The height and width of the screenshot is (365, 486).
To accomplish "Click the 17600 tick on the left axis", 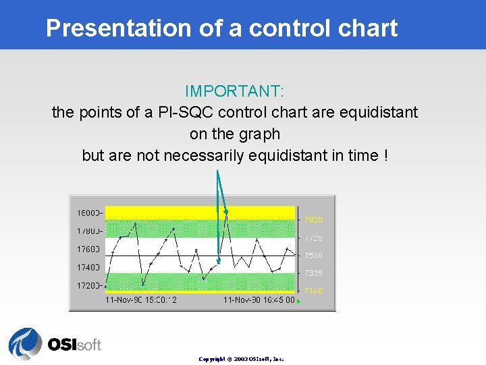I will (88, 249).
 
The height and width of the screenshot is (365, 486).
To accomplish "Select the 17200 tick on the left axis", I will (88, 286).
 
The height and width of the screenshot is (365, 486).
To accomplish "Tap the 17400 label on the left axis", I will (88, 268).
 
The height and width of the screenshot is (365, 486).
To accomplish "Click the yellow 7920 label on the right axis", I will (313, 220).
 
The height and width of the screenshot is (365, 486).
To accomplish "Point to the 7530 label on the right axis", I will (313, 255).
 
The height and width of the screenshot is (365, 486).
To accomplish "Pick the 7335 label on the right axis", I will (313, 273).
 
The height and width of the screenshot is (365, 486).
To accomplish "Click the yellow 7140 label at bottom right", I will (313, 291).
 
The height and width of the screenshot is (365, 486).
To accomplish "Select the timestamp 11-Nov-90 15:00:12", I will (141, 300).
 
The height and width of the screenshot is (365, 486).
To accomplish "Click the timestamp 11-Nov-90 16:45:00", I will (259, 300).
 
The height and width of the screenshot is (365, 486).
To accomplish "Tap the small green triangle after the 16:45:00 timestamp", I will (299, 301).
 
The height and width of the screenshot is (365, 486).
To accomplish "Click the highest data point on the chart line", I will (226, 212).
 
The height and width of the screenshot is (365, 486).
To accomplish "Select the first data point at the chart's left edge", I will (105, 287).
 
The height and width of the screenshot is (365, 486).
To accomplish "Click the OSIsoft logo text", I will (74, 344).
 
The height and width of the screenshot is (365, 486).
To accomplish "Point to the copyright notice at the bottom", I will (241, 359).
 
